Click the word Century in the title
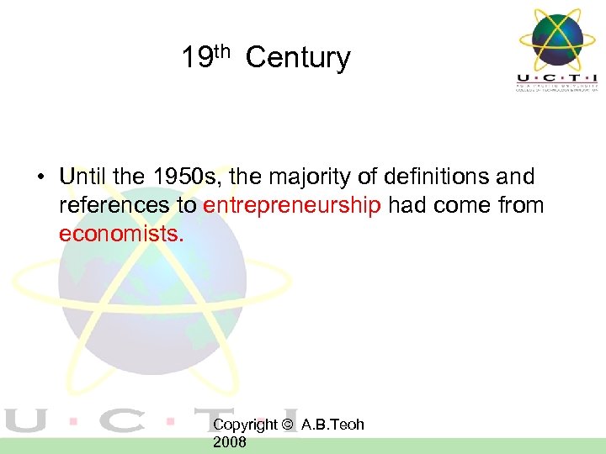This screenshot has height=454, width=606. click(298, 58)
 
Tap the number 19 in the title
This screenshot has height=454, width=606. click(196, 58)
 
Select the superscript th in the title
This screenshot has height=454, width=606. click(221, 51)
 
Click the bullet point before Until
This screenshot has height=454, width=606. click(40, 178)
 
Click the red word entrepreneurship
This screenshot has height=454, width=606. click(292, 206)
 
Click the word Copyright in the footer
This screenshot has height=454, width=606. click(246, 425)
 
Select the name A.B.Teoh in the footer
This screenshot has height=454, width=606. click(332, 425)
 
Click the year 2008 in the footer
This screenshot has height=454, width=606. click(230, 441)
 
